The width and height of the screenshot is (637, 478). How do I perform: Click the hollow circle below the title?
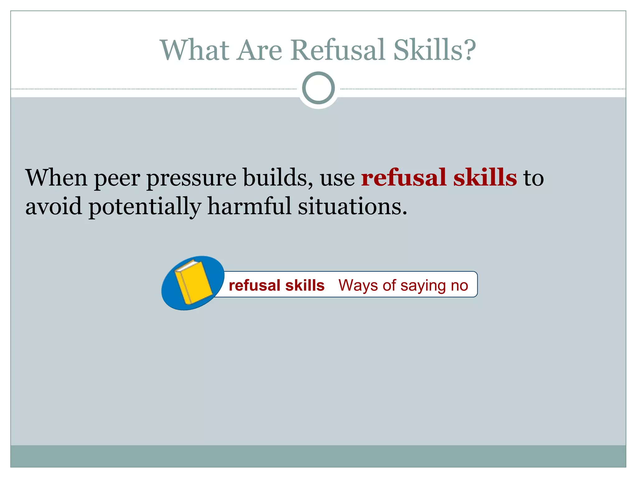(x=318, y=88)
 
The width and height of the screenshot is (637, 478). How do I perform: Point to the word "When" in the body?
(x=56, y=177)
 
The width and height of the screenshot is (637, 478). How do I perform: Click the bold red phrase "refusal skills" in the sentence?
(x=439, y=177)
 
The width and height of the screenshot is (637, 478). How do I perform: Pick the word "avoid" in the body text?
(x=54, y=206)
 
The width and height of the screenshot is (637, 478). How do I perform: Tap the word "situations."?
(x=352, y=206)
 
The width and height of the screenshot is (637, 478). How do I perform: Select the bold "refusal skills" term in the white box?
(x=277, y=285)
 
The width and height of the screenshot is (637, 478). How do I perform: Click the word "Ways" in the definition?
(x=358, y=285)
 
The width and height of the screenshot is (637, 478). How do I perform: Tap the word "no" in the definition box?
(x=459, y=286)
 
